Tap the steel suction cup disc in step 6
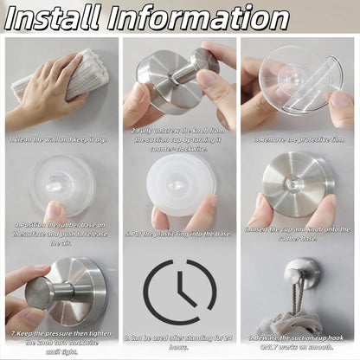[299, 182]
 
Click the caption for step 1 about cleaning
[61, 137]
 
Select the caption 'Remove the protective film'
[299, 137]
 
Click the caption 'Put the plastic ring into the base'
[180, 233]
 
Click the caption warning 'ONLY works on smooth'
[299, 346]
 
